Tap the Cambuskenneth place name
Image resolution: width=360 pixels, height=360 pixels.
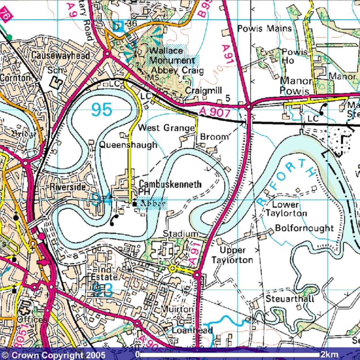coord(170,184)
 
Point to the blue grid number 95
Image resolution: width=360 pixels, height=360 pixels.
coord(102,110)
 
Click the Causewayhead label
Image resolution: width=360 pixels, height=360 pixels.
coord(61,55)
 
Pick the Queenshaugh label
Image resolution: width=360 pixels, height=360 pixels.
coord(128,145)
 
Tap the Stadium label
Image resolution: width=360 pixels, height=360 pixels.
coord(181,234)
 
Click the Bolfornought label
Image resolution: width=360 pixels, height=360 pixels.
coord(304,228)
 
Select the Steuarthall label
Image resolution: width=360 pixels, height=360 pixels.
coord(290,299)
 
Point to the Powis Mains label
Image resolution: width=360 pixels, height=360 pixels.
coord(264,29)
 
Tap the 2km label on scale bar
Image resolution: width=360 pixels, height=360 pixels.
coord(329,354)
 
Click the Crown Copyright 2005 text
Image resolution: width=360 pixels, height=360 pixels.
coord(53,355)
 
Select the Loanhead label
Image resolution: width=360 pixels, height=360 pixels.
coord(192,330)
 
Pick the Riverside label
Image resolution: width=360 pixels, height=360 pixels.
coord(67,187)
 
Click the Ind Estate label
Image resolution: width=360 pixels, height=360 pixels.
coord(104,274)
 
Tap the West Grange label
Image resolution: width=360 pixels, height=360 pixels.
coord(166,128)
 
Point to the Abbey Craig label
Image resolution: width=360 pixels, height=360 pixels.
coord(177,70)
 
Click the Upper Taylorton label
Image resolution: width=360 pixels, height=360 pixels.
coord(232,255)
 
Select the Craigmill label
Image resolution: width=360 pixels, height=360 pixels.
coord(203,90)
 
